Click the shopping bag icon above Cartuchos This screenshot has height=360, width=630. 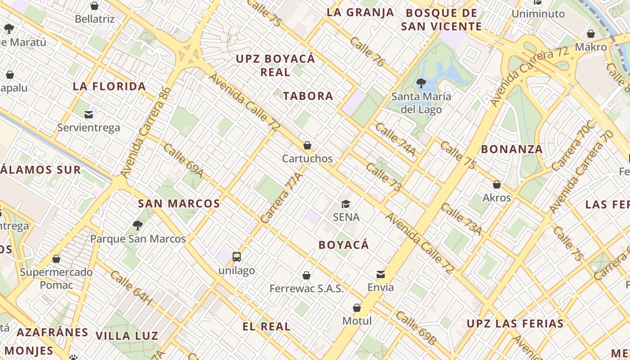(x=307, y=145)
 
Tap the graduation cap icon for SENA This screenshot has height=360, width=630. (x=346, y=204)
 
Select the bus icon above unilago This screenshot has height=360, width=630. (x=237, y=257)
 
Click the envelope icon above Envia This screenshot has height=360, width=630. (x=381, y=274)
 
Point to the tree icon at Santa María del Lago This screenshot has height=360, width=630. (x=421, y=83)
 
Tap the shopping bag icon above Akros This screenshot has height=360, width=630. (x=497, y=184)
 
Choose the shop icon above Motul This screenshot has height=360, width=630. (x=357, y=308)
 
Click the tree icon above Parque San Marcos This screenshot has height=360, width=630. (x=138, y=225)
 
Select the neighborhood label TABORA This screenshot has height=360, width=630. (x=308, y=96)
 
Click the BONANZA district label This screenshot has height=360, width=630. (x=512, y=149)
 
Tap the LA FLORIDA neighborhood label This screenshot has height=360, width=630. (x=109, y=86)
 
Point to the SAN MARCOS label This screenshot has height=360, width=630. (x=179, y=203)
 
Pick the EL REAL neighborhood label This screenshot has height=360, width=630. (x=266, y=327)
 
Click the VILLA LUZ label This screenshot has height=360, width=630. (x=127, y=336)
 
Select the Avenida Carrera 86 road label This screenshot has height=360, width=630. (x=146, y=132)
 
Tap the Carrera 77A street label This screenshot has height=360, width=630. (x=281, y=198)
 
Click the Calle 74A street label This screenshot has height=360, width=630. (x=395, y=139)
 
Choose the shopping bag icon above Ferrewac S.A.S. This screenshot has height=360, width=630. (x=306, y=275)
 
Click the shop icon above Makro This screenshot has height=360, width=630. (x=591, y=34)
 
